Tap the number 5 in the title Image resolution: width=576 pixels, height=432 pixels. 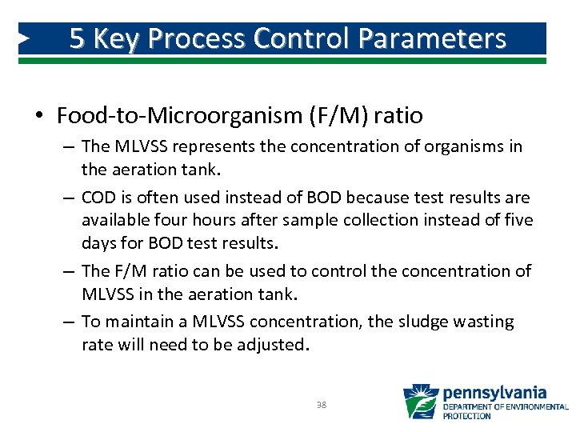[77, 38]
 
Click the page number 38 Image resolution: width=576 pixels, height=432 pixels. [322, 406]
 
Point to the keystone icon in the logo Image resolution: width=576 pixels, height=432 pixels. [421, 402]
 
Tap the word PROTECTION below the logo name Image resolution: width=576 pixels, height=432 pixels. [467, 416]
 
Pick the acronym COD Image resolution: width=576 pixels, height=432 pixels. [98, 197]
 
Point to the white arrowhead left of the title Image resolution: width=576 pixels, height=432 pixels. [25, 38]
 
